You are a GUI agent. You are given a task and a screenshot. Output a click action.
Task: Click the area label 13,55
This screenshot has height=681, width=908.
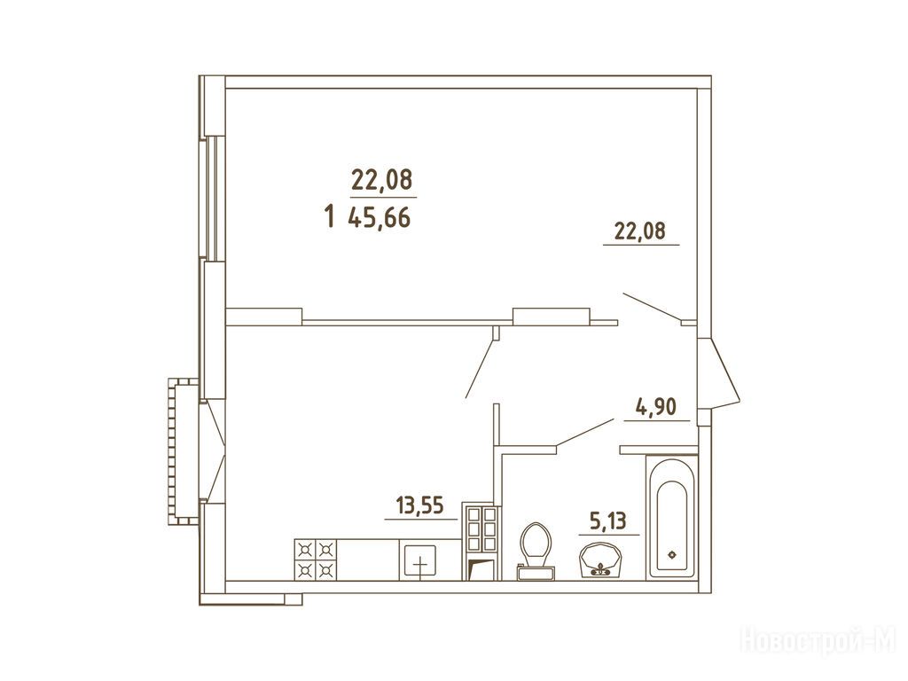(x=419, y=505)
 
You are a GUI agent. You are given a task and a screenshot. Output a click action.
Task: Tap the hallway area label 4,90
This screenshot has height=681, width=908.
(x=656, y=407)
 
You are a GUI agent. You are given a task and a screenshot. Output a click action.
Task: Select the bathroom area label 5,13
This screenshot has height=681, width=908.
(x=607, y=521)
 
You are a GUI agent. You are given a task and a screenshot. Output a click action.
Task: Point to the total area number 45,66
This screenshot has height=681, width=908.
(x=380, y=218)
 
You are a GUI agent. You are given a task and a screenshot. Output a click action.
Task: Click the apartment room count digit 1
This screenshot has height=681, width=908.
(x=330, y=216)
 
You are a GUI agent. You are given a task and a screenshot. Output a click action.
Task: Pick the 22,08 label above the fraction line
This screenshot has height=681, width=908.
(x=381, y=180)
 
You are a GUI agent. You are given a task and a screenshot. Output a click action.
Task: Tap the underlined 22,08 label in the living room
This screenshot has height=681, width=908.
(x=640, y=231)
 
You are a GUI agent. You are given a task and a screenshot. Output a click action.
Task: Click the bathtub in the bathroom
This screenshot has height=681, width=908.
(x=671, y=517)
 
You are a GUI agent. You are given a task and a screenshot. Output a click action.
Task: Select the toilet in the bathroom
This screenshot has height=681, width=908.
(x=536, y=551)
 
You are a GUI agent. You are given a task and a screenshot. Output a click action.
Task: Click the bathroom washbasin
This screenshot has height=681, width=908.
(x=600, y=560)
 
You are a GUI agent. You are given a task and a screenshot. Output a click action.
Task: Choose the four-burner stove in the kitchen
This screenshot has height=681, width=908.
(x=316, y=560)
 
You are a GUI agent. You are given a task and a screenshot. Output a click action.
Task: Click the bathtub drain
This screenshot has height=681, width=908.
(x=672, y=555)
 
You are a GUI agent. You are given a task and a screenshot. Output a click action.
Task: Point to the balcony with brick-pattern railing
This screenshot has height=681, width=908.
(x=184, y=451)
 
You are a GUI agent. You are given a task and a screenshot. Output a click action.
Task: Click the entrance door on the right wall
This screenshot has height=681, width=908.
(x=718, y=373)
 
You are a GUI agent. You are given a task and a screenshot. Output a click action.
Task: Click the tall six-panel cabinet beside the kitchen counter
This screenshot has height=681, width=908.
(x=480, y=543)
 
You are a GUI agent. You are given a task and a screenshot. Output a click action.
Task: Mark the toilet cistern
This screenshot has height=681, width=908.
(x=536, y=573)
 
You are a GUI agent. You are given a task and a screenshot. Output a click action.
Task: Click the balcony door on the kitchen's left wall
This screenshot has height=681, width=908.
(x=213, y=451)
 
